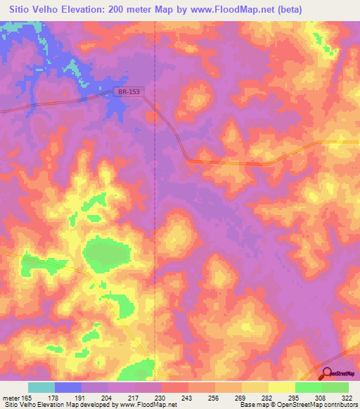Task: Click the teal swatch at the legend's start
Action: pyautogui.click(x=41, y=387)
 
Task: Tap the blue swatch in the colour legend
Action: pyautogui.click(x=67, y=387)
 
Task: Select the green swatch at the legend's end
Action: pyautogui.click(x=335, y=387)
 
